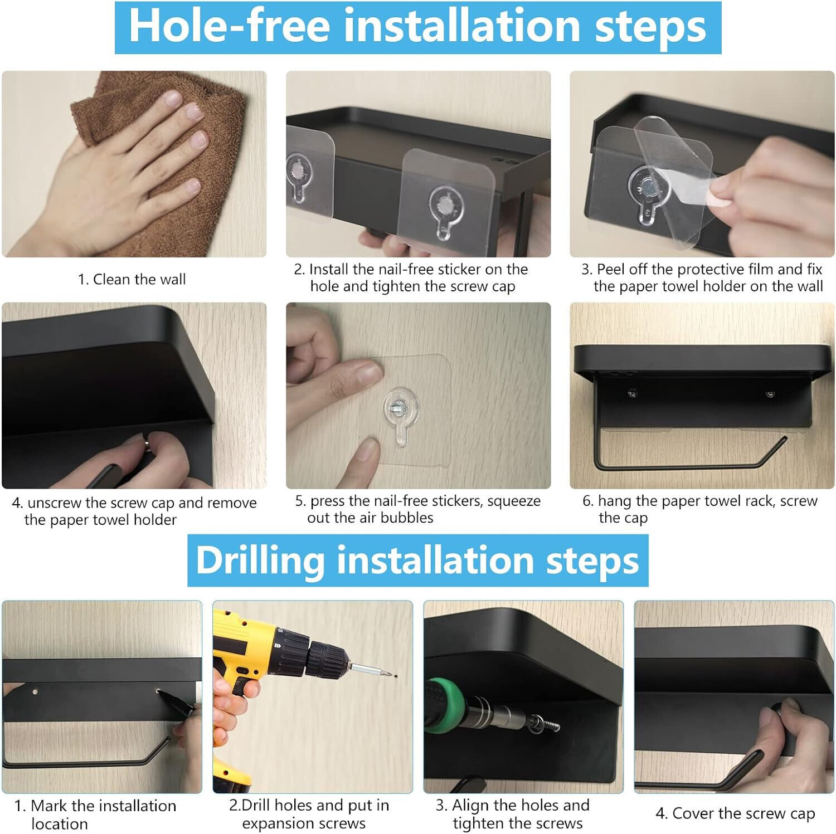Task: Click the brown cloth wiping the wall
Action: [167, 167]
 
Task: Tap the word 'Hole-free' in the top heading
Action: [230, 26]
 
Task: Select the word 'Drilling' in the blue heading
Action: [260, 560]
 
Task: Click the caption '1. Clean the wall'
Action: [132, 279]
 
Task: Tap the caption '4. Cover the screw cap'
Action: [735, 813]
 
